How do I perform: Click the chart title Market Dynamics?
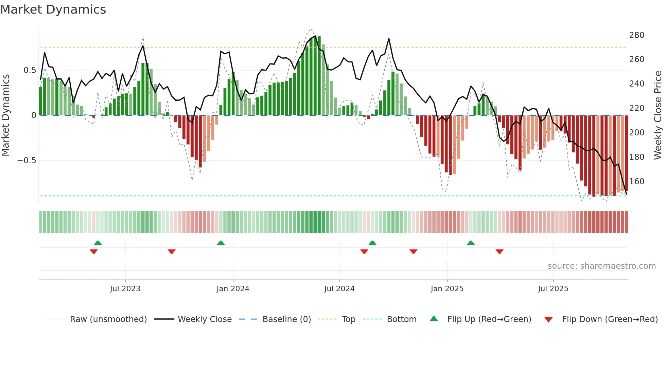pyautogui.click(x=53, y=10)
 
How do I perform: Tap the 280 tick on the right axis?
pyautogui.click(x=636, y=35)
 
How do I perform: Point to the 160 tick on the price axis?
pyautogui.click(x=636, y=182)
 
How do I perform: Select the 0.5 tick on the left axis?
pyautogui.click(x=30, y=70)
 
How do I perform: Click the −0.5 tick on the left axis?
pyautogui.click(x=27, y=161)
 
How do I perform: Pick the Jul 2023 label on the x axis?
pyautogui.click(x=125, y=289)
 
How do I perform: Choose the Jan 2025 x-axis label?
pyautogui.click(x=447, y=289)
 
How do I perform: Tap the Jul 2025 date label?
pyautogui.click(x=553, y=289)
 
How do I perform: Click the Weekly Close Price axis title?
pyautogui.click(x=658, y=115)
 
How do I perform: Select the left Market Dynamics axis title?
pyautogui.click(x=5, y=115)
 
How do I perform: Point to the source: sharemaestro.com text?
pyautogui.click(x=601, y=266)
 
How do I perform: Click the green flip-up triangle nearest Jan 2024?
pyautogui.click(x=221, y=243)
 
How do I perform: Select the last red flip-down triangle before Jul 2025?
pyautogui.click(x=499, y=251)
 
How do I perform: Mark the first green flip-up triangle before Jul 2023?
pyautogui.click(x=98, y=243)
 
